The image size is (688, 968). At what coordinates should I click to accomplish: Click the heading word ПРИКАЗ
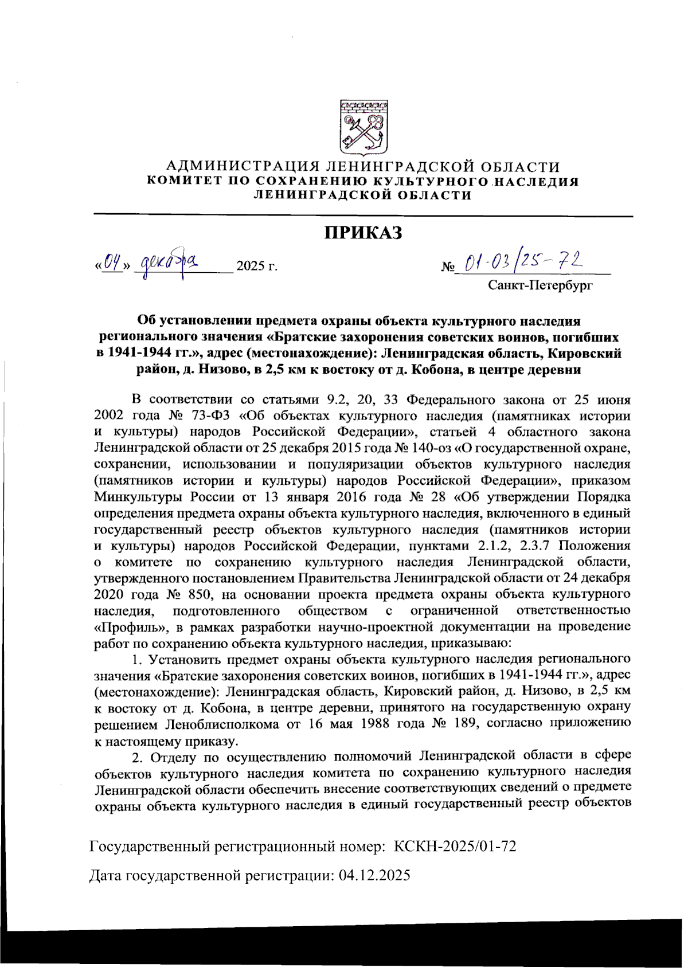pos(363,233)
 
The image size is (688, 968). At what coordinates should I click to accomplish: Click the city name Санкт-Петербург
pos(540,285)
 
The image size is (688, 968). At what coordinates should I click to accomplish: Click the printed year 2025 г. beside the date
pos(257,266)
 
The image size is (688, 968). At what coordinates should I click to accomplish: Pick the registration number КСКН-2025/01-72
pos(455,846)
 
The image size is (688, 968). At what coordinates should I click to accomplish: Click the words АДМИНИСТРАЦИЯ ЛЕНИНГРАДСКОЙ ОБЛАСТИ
pos(362,167)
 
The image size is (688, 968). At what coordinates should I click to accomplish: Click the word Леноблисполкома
pos(222,723)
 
